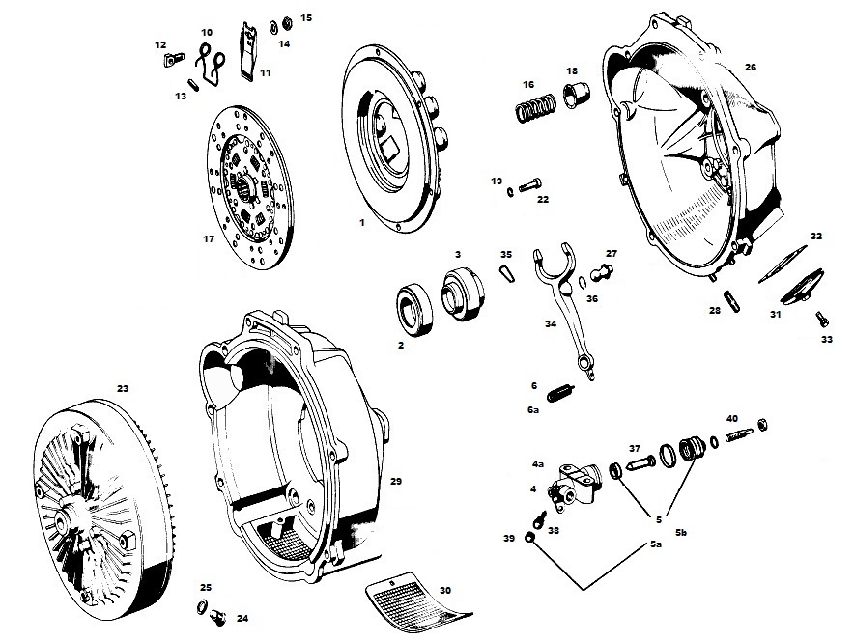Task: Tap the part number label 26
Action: point(751,67)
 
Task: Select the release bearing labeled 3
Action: point(460,288)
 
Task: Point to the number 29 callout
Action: point(395,480)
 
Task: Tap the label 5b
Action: point(681,533)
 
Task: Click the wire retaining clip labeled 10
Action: point(211,60)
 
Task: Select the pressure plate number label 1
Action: point(361,223)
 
